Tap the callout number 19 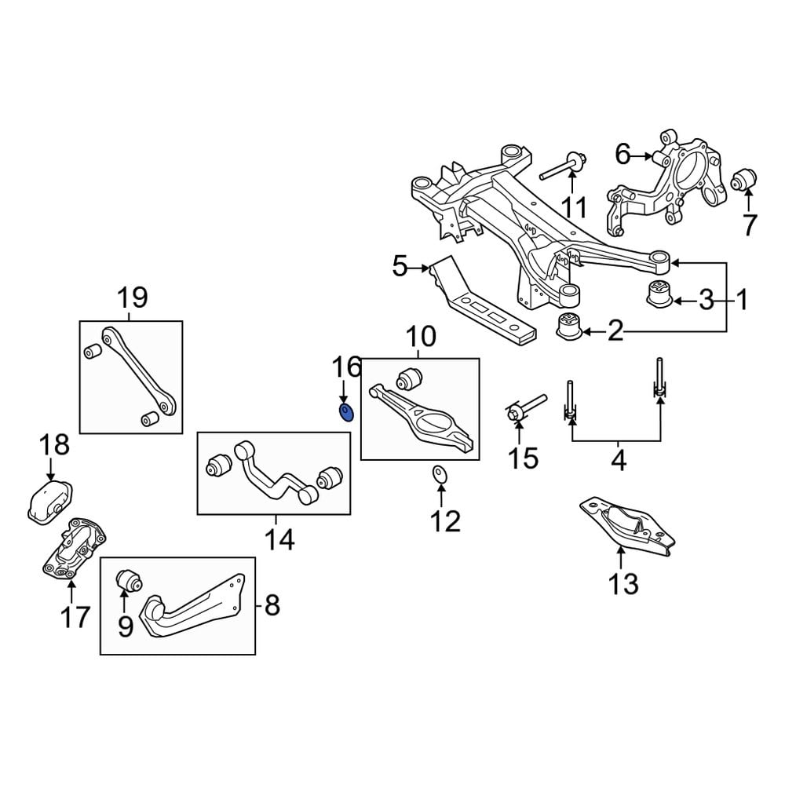tap(132, 298)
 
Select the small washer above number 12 tap(440, 473)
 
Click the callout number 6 tap(623, 154)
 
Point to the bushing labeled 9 tap(129, 582)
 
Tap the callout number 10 tap(421, 338)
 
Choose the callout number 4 tap(618, 461)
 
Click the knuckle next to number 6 tap(667, 184)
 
